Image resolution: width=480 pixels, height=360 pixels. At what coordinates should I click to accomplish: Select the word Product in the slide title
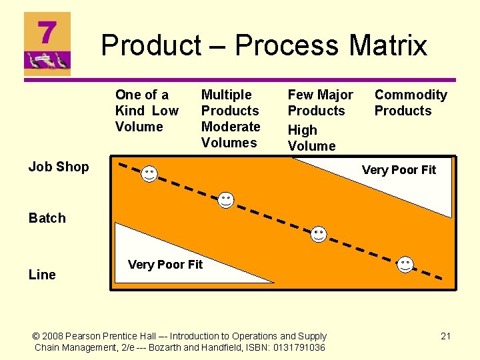151,45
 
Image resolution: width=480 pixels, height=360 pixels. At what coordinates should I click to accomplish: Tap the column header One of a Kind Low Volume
147,111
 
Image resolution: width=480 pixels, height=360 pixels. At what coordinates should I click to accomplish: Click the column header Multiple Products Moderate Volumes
231,119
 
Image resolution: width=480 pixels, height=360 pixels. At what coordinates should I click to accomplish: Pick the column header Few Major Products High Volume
320,120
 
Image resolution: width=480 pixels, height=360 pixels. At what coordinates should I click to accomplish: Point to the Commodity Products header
410,103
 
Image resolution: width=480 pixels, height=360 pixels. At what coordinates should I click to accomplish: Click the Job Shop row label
59,167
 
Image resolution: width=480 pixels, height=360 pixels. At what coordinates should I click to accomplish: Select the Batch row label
47,218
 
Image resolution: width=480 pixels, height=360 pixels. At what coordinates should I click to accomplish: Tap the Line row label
42,275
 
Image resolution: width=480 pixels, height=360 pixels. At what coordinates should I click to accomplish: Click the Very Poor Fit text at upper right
399,170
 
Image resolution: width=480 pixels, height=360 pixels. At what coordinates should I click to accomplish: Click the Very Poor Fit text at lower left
165,265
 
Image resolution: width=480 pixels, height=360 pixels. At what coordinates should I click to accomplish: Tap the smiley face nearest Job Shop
149,174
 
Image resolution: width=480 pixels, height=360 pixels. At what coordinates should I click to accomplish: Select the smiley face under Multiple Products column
227,199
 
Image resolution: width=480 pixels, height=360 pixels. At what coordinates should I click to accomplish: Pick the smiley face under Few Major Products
319,234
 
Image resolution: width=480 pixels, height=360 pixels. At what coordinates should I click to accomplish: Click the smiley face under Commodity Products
405,264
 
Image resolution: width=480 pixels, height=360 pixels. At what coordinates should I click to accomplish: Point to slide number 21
446,336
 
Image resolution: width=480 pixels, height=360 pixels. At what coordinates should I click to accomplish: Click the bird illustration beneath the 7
47,62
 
